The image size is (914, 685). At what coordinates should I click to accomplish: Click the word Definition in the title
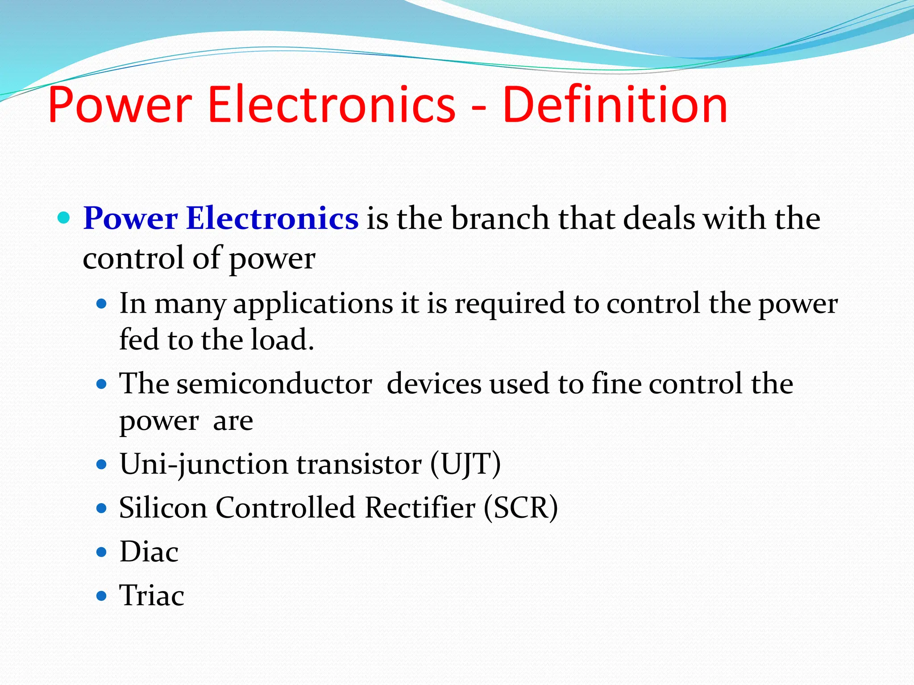pos(615,105)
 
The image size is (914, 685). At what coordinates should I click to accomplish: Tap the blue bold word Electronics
pos(272,219)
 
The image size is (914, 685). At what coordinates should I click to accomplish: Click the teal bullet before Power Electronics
pos(64,218)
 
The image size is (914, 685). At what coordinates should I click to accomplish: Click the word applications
pos(313,305)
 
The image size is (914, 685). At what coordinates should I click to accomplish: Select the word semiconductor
pos(274,384)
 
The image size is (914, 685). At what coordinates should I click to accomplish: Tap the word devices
pos(434,384)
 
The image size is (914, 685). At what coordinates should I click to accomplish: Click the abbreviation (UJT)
pos(465,464)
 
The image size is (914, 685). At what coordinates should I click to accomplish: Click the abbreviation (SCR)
pos(521,508)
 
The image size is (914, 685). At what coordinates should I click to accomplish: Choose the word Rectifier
pos(420,508)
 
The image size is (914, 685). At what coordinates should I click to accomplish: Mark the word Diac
pos(149,552)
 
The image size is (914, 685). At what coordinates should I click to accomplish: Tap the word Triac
pos(152,596)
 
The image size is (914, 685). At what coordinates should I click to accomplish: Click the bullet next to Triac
pos(102,596)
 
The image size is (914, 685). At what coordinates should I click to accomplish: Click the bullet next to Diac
pos(102,553)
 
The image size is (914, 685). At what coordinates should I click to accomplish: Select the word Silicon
pos(163,508)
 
